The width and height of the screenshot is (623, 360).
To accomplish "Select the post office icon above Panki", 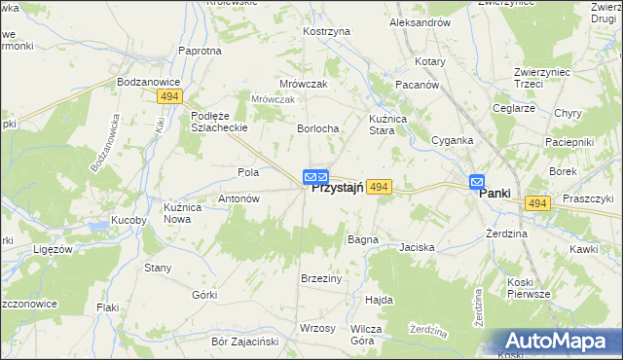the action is click(477, 181).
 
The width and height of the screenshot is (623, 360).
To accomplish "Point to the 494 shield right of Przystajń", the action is click(380, 187).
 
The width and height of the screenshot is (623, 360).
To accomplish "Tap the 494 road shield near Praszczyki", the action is click(537, 203).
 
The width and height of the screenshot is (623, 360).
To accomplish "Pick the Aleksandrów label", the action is click(420, 21).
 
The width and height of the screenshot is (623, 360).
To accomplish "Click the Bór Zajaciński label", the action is click(245, 342).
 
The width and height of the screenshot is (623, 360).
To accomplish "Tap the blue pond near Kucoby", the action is click(100, 228).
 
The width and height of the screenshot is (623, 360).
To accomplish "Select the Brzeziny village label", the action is click(321, 278).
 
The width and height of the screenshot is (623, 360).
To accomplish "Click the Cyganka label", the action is click(453, 140).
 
